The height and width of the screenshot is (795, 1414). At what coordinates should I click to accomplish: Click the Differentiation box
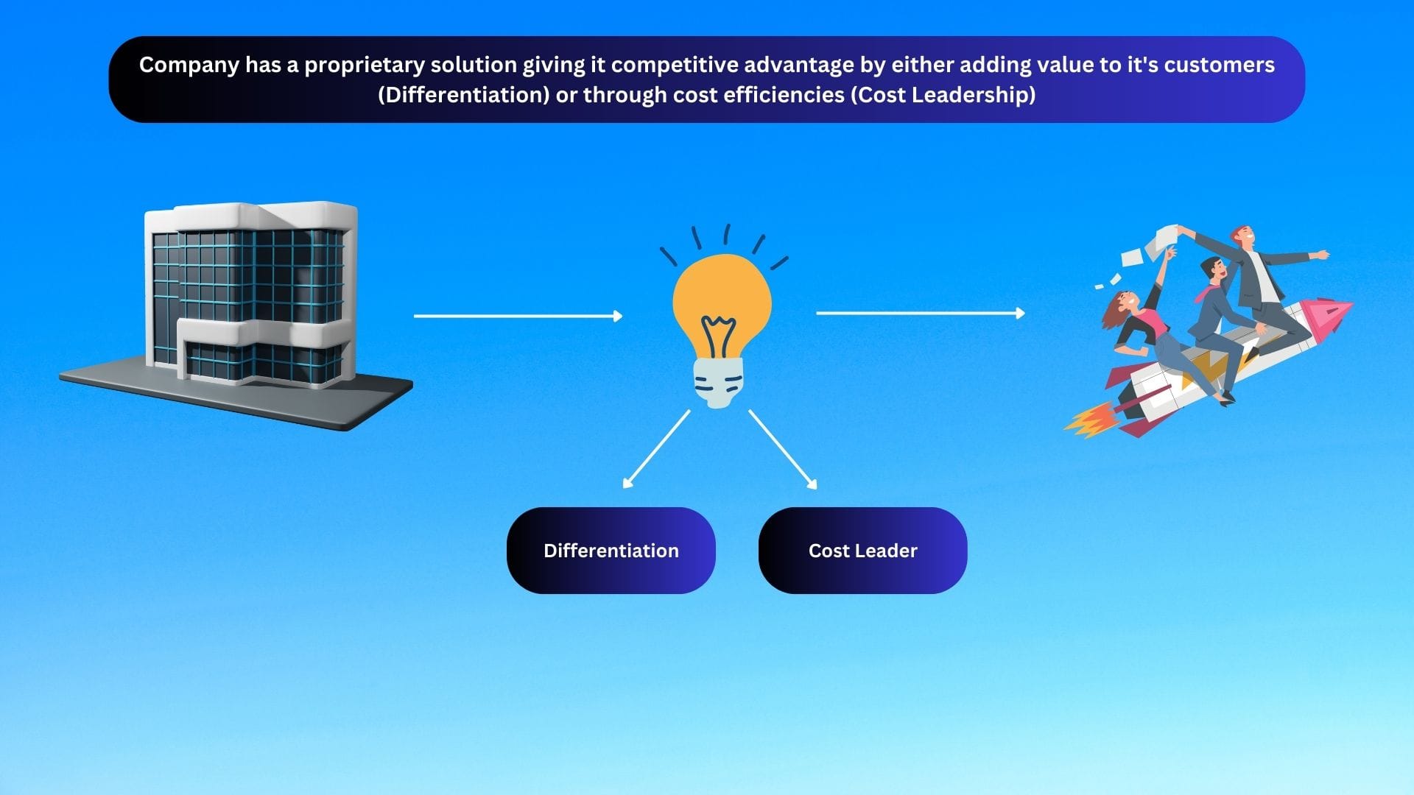pyautogui.click(x=611, y=550)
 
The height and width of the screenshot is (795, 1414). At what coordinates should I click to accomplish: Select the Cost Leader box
pyautogui.click(x=862, y=550)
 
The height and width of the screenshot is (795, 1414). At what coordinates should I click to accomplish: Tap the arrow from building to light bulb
pyautogui.click(x=518, y=316)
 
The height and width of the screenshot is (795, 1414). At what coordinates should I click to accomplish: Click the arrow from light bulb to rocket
pyautogui.click(x=921, y=313)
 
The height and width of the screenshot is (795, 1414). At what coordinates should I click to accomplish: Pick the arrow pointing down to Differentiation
pyautogui.click(x=656, y=449)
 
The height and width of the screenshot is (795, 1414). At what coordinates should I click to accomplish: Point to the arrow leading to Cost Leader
pyautogui.click(x=783, y=449)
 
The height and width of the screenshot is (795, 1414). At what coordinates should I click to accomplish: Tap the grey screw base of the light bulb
pyautogui.click(x=719, y=382)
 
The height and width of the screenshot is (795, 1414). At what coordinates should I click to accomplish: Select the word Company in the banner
pyautogui.click(x=189, y=66)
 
